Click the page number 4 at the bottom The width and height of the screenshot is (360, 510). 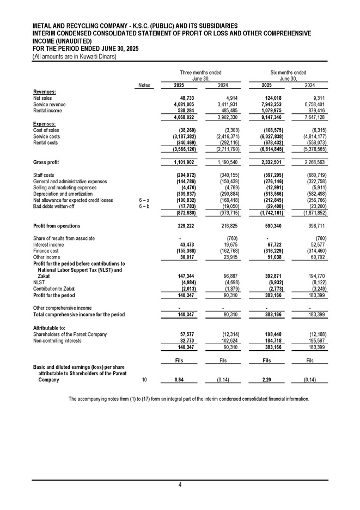(x=180, y=485)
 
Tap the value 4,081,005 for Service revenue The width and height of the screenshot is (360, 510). (x=183, y=104)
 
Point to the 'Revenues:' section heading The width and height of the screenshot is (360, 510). (x=44, y=92)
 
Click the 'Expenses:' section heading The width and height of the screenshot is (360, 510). (x=44, y=124)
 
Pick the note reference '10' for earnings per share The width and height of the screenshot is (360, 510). (x=144, y=379)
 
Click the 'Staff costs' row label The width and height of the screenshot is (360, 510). (x=44, y=175)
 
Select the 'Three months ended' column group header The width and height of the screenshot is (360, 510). (x=200, y=73)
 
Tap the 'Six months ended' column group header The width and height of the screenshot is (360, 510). (x=288, y=73)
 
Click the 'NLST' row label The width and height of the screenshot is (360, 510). (x=39, y=283)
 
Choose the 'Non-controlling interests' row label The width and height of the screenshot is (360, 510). (x=57, y=340)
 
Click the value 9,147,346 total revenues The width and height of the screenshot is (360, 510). (x=269, y=117)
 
